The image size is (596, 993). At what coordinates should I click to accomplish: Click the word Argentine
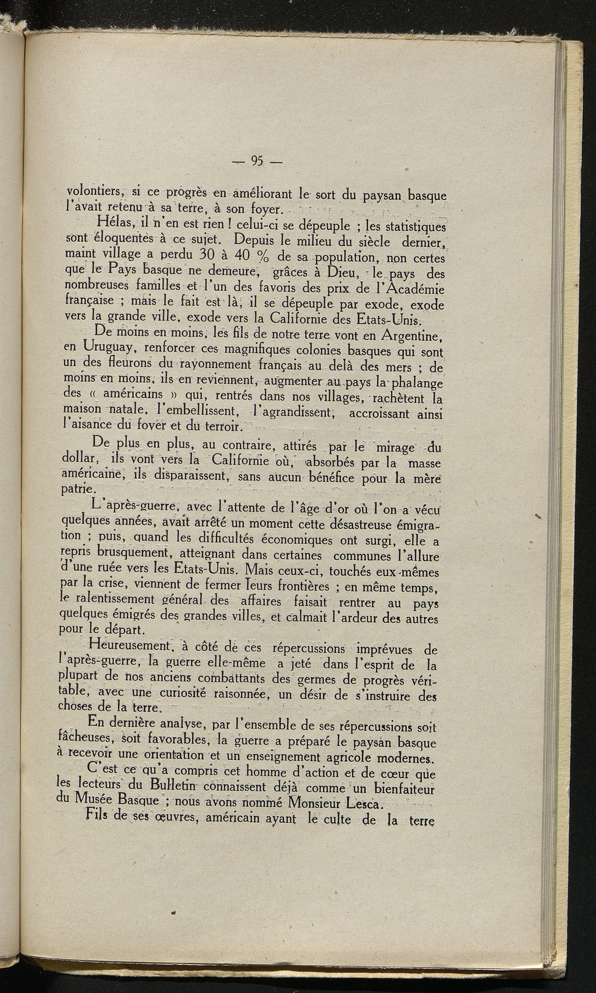click(x=412, y=336)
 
